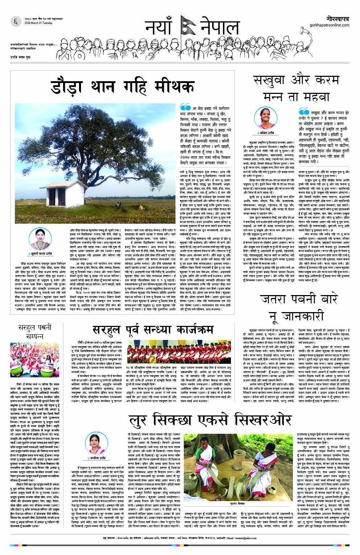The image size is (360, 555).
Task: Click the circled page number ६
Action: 15,22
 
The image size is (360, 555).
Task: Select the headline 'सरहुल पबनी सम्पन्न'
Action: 35,332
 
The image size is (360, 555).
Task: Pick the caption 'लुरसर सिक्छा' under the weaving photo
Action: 237,504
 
